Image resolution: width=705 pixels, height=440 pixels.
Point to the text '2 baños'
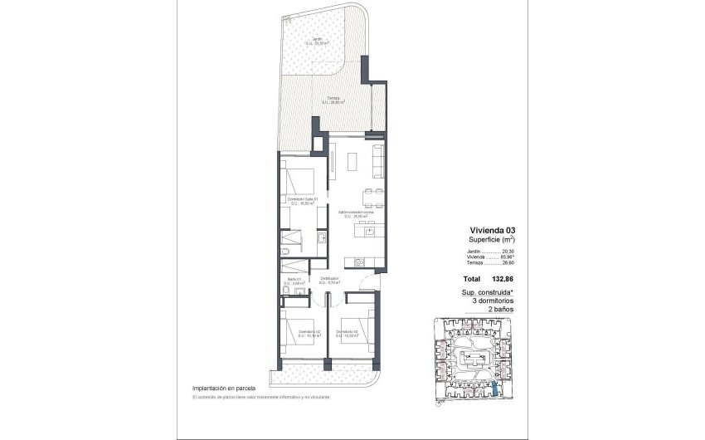[502, 309]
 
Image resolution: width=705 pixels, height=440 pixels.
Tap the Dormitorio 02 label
[347, 333]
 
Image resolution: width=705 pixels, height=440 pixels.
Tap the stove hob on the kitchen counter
[361, 262]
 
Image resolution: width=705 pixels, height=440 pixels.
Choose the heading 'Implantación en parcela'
[223, 388]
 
